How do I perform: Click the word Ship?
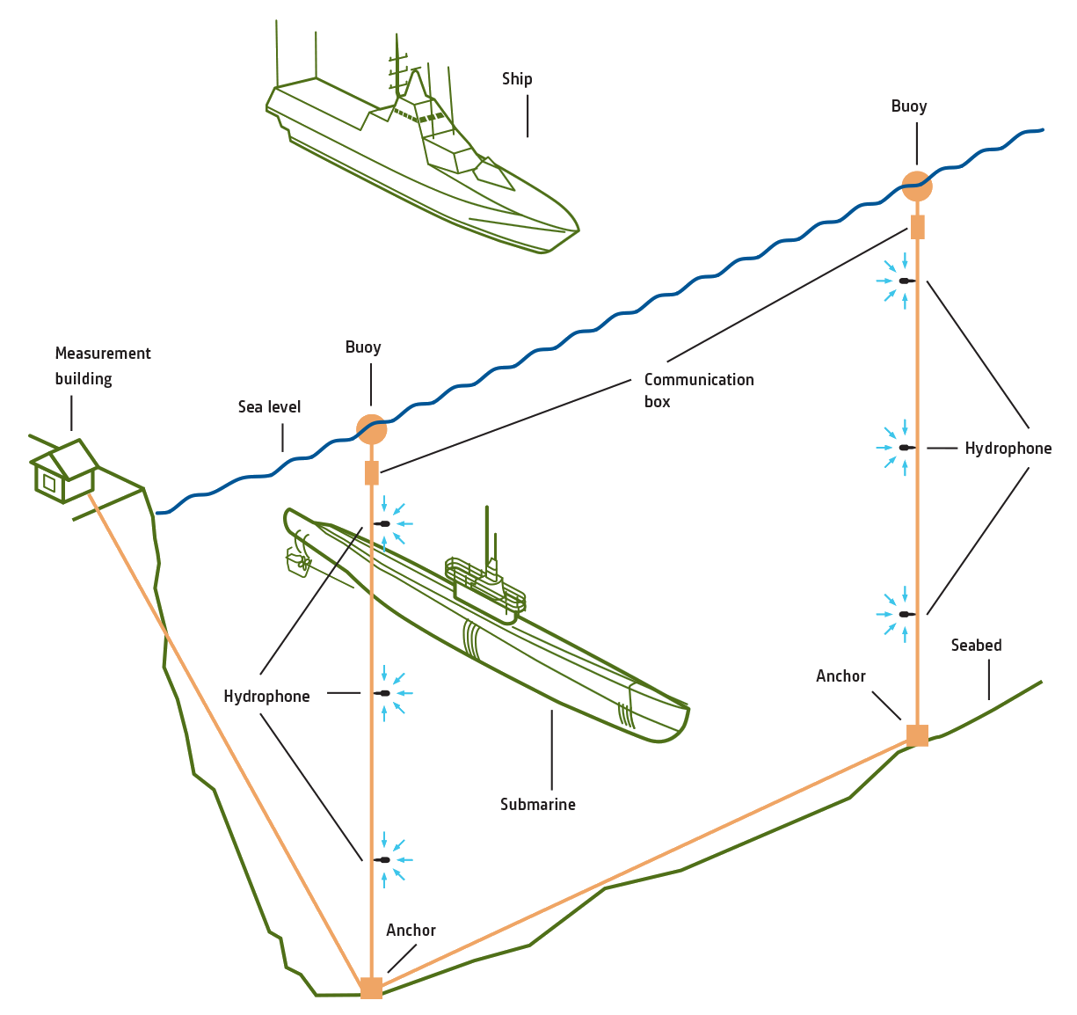(517, 79)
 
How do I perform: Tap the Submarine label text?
(537, 805)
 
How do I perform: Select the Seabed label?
(976, 646)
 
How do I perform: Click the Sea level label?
(269, 407)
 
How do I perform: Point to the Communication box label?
(698, 391)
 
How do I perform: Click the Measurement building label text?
(103, 366)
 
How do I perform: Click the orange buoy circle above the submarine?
(372, 429)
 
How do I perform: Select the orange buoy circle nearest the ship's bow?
(917, 186)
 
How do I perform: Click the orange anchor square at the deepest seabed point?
(371, 988)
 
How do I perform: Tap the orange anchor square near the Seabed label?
(917, 735)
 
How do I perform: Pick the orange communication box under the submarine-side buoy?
(372, 473)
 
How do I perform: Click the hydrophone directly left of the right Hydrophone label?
(905, 448)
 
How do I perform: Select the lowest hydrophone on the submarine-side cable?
(383, 859)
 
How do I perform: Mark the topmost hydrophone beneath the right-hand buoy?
(905, 281)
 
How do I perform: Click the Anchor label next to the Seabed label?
(840, 676)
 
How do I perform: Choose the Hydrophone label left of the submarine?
(266, 697)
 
